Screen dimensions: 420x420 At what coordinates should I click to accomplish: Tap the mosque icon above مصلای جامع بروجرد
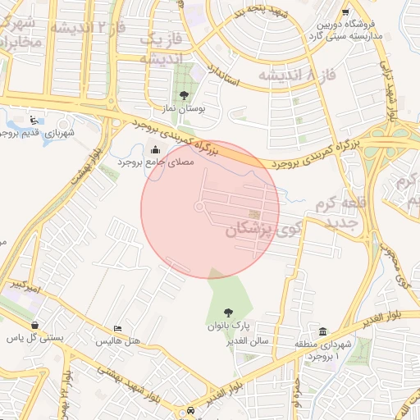coord(156,149)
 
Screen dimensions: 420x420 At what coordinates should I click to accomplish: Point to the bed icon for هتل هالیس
coord(118,328)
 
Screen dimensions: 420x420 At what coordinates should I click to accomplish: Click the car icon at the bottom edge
coord(191,409)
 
